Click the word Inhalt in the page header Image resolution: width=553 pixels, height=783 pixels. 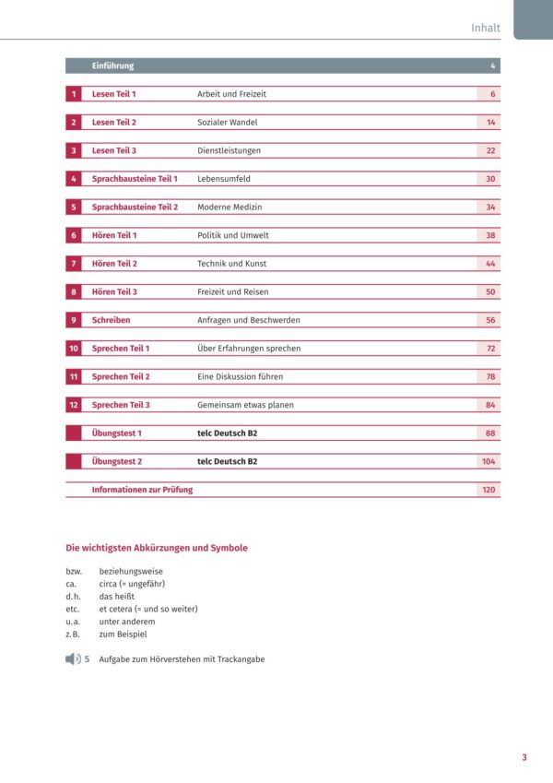485,28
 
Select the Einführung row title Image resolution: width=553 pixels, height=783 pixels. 112,66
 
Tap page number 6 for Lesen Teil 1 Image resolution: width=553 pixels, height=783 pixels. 493,94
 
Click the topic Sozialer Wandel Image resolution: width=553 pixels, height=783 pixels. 228,123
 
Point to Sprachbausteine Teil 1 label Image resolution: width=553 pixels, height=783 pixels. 135,179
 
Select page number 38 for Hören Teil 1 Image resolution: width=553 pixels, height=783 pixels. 491,235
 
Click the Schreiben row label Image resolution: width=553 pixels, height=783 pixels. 112,320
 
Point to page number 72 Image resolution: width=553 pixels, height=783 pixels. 491,349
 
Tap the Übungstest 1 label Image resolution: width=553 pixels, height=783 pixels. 117,433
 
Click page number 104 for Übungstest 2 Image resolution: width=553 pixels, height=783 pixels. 488,461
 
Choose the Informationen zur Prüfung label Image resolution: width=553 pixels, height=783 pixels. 142,490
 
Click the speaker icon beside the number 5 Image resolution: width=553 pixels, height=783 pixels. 73,659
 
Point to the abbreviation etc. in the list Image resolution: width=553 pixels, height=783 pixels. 74,609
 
